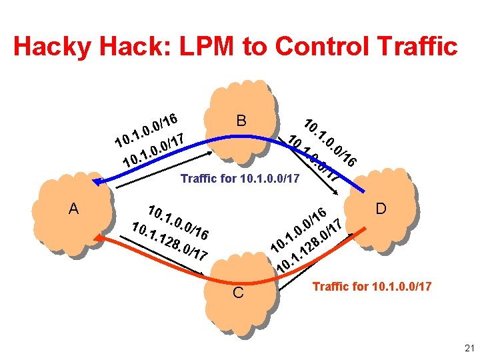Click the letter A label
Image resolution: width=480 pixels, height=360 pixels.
[x=74, y=209]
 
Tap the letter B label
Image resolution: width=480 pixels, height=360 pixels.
[x=242, y=121]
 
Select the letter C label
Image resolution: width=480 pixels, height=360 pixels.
[x=239, y=294]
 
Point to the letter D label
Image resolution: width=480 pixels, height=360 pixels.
[x=381, y=209]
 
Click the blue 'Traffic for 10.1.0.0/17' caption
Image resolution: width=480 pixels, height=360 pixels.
[x=240, y=179]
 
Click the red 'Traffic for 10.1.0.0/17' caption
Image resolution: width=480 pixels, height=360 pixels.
[x=372, y=287]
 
